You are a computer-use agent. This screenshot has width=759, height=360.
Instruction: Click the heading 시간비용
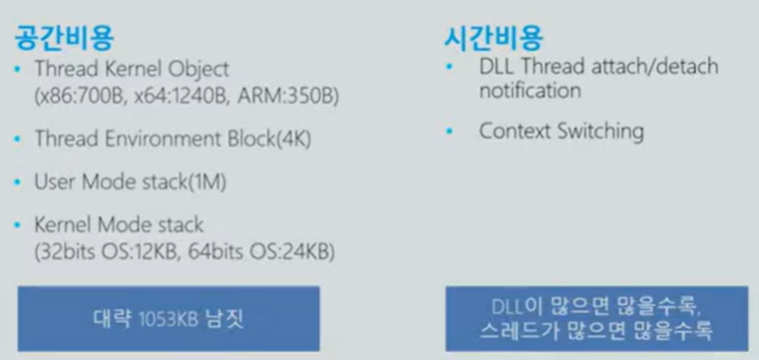[493, 38]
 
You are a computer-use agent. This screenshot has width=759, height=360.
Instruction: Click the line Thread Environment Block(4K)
[173, 140]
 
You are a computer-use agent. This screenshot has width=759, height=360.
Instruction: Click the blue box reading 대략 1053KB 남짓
[168, 318]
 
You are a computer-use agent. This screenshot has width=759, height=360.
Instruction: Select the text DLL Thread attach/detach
[597, 67]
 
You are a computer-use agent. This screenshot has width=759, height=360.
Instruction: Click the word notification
[530, 92]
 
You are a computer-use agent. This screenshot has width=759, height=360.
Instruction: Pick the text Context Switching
[561, 132]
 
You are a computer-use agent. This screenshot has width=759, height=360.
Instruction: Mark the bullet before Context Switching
[451, 132]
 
